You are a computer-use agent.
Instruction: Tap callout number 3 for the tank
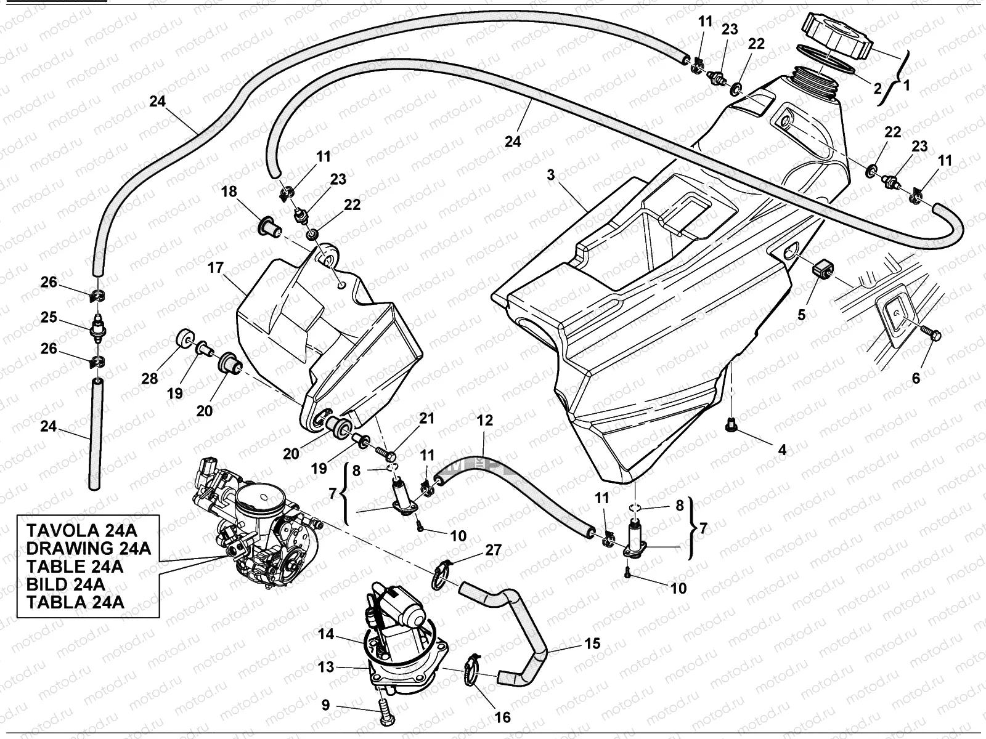(x=550, y=175)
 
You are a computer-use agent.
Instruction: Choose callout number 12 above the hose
(x=485, y=421)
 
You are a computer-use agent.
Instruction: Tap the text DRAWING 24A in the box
(x=89, y=548)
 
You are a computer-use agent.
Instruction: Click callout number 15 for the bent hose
(x=592, y=644)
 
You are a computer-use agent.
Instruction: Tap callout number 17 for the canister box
(x=215, y=269)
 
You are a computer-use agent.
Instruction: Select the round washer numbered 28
(x=184, y=341)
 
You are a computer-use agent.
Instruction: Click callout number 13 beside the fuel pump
(x=326, y=667)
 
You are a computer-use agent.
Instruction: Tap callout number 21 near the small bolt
(x=427, y=419)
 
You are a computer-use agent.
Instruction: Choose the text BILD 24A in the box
(x=65, y=584)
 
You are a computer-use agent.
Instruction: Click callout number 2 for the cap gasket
(x=878, y=88)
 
